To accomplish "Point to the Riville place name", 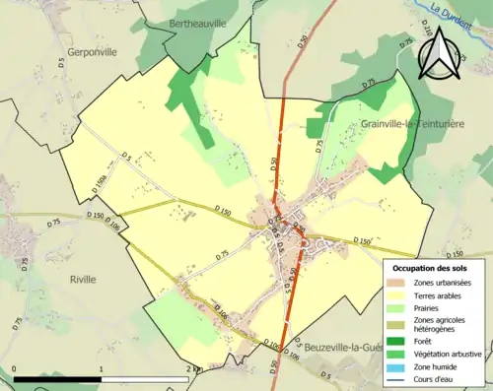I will (83, 279).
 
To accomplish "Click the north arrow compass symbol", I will (440, 54).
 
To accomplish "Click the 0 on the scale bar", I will (15, 369).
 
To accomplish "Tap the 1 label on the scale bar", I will (102, 369).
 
